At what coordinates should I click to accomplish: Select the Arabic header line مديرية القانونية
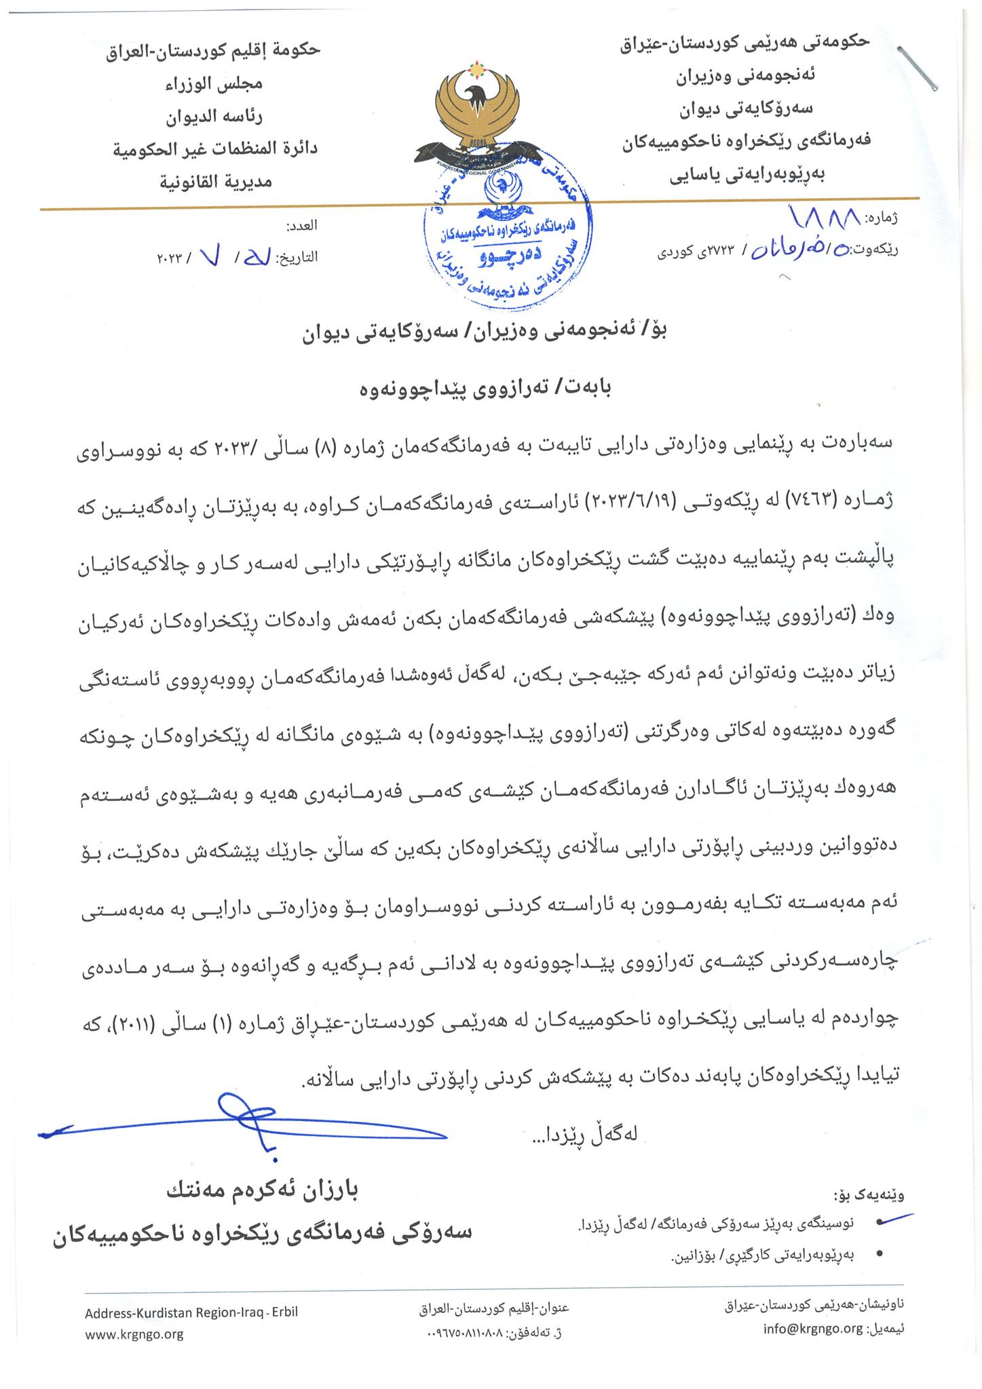(216, 181)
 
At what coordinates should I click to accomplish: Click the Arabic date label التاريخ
(296, 258)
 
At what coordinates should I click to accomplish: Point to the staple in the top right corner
(917, 68)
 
